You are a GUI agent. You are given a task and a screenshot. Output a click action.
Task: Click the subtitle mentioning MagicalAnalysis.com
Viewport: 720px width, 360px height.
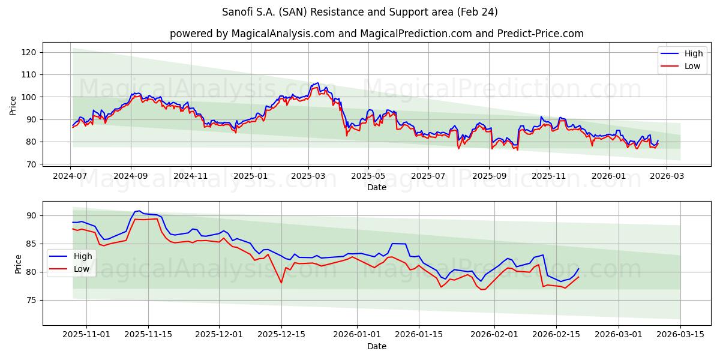377,34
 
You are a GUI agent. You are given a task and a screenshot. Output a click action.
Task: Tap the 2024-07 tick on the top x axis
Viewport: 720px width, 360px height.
70,176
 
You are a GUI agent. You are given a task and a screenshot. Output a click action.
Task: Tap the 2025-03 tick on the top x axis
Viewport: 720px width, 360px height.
309,176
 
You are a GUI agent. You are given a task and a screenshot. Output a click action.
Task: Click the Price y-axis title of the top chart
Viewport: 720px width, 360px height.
13,106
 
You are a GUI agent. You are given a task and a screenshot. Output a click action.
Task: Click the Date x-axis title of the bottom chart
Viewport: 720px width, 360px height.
377,346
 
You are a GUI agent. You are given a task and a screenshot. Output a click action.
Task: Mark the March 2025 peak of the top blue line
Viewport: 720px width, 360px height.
317,83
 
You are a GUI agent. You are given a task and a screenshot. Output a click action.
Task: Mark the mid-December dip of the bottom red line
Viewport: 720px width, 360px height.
281,283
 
